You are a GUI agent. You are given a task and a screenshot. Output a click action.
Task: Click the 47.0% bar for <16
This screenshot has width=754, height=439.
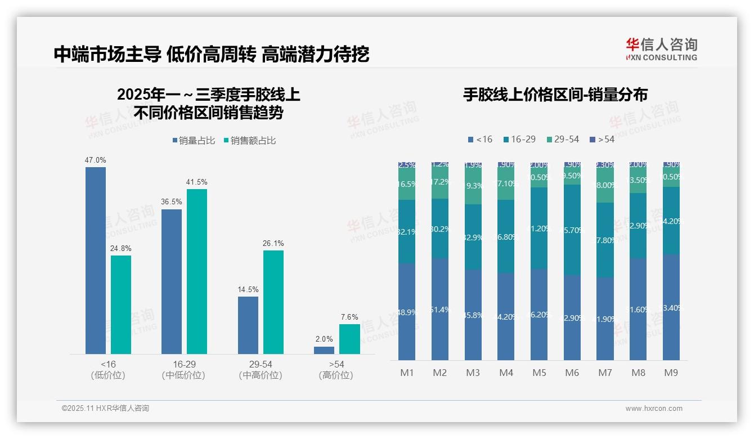coord(96,260)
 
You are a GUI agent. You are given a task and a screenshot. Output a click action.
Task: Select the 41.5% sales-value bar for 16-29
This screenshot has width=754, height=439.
coord(197,271)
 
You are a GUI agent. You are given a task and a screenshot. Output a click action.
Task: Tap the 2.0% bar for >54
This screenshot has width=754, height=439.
coord(324,350)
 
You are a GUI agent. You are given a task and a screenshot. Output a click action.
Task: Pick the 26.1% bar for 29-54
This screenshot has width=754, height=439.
coord(273,302)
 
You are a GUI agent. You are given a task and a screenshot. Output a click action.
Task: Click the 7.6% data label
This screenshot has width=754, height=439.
coord(349,317)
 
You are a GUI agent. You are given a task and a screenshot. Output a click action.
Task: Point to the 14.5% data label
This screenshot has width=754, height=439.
coord(248,290)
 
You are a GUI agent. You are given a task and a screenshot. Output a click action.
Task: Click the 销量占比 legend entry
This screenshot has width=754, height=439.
coord(194,141)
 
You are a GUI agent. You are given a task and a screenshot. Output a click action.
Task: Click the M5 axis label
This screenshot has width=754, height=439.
coord(540,373)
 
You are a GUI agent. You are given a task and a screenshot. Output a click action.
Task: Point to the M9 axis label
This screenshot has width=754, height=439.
coord(671,373)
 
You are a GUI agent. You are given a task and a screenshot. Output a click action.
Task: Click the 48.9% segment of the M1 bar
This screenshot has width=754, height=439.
coord(406,311)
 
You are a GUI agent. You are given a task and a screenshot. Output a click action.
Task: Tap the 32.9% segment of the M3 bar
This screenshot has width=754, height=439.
coord(473,236)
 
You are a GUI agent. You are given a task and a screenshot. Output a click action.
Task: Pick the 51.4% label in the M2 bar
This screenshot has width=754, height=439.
coord(440,310)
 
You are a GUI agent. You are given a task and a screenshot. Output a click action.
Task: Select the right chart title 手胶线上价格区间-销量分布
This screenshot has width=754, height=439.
coord(555,95)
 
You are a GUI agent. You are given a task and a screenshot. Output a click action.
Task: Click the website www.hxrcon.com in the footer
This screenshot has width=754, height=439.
coord(654,409)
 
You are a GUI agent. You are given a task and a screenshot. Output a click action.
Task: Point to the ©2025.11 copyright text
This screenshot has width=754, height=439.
coord(105,409)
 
